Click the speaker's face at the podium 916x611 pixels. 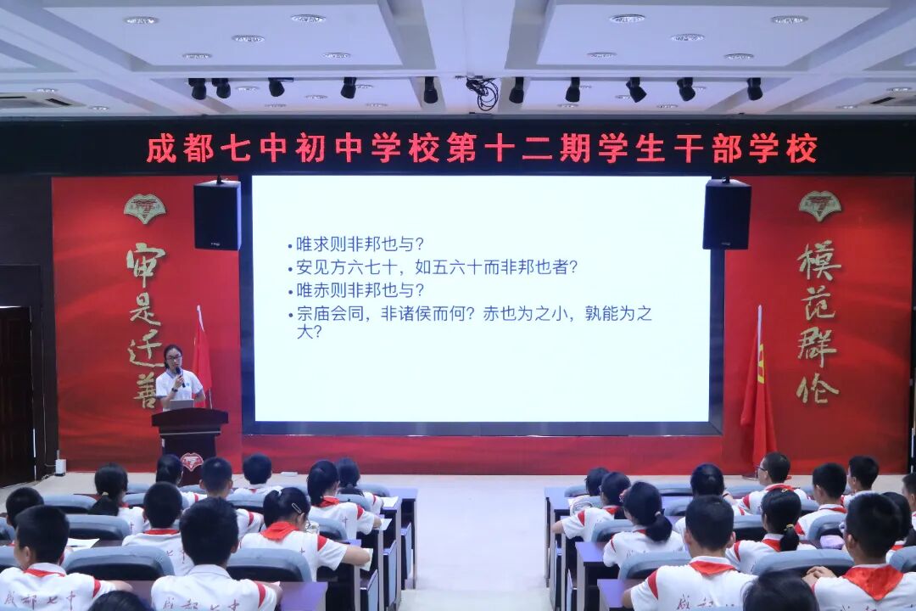pyautogui.click(x=173, y=356)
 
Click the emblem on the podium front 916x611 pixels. pyautogui.click(x=192, y=462)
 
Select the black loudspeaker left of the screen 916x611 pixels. pyautogui.click(x=217, y=215)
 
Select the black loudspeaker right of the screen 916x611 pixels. pyautogui.click(x=727, y=214)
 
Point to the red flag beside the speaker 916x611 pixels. pyautogui.click(x=202, y=356)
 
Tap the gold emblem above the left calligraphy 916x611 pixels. pyautogui.click(x=145, y=208)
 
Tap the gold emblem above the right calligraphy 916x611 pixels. pyautogui.click(x=819, y=205)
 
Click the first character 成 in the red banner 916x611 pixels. pyautogui.click(x=161, y=149)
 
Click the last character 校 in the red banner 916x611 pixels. pyautogui.click(x=801, y=149)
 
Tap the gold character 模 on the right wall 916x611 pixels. pyautogui.click(x=819, y=261)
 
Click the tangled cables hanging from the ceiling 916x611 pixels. pyautogui.click(x=484, y=92)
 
